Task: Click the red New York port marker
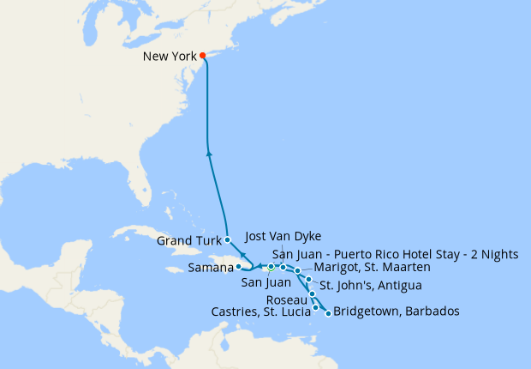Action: pyautogui.click(x=203, y=57)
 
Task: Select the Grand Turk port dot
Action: pyautogui.click(x=227, y=239)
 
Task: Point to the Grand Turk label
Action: pyautogui.click(x=188, y=241)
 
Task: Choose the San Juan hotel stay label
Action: pyautogui.click(x=395, y=254)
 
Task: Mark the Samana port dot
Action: pyautogui.click(x=238, y=267)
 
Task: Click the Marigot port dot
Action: pyautogui.click(x=297, y=271)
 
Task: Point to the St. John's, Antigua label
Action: pyautogui.click(x=370, y=285)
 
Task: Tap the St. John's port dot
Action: pyautogui.click(x=308, y=280)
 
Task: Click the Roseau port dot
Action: pyautogui.click(x=313, y=294)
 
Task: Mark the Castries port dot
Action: pyautogui.click(x=316, y=307)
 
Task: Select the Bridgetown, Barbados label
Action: pyautogui.click(x=397, y=311)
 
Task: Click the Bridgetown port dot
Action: pyautogui.click(x=328, y=313)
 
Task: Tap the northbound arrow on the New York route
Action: pyautogui.click(x=210, y=154)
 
